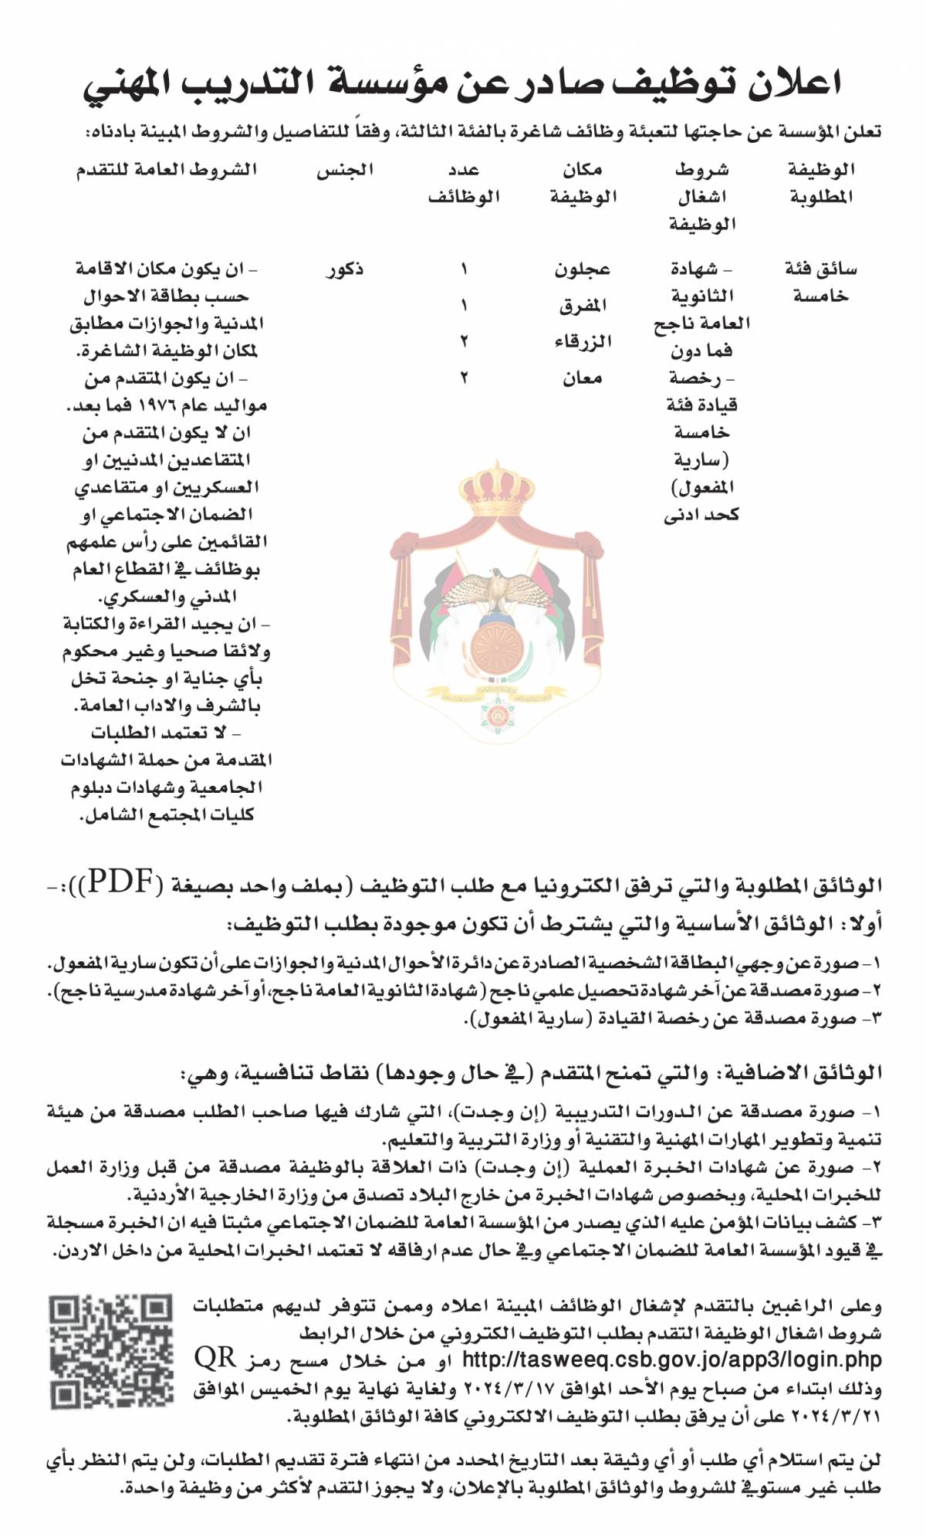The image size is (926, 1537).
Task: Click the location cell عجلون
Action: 582,269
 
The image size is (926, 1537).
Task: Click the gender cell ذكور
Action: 344,269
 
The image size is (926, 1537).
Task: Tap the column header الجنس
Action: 344,170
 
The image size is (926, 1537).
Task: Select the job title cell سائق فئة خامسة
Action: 820,282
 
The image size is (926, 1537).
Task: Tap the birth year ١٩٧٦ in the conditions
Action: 155,405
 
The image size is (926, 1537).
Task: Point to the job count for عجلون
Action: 464,269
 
